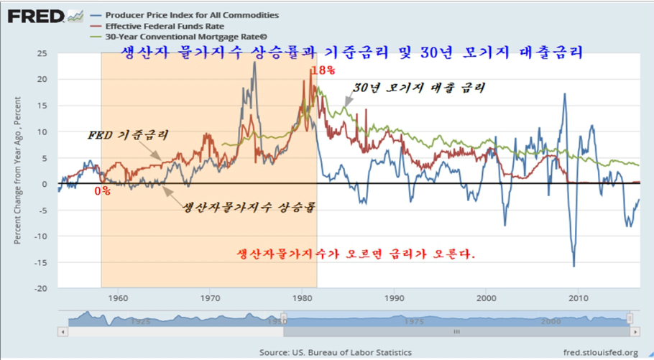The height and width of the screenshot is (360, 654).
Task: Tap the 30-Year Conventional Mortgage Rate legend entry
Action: coord(176,37)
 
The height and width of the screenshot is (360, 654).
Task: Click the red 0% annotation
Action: coord(103,192)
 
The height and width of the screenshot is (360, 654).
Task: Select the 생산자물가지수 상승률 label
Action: coord(249,208)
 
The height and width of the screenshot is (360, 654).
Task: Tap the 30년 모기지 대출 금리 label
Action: coord(420,88)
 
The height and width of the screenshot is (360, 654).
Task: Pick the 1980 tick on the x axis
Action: coord(303,297)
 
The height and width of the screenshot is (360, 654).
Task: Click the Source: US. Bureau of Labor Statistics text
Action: coord(336,352)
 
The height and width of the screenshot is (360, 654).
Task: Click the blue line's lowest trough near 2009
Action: coord(574,266)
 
